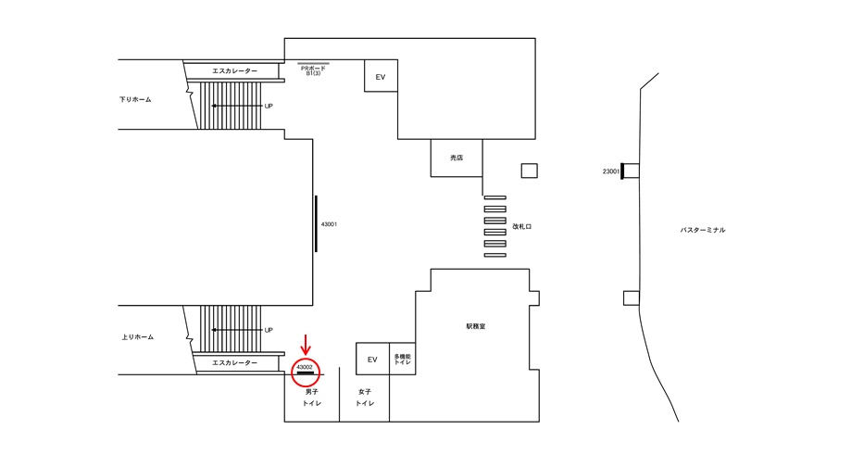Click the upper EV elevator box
click(381, 77)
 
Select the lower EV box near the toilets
click(372, 359)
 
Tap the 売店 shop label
click(457, 158)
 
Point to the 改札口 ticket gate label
click(522, 225)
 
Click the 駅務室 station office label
click(476, 326)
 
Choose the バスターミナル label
click(703, 230)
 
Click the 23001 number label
click(610, 171)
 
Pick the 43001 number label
click(329, 224)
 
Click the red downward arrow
click(307, 345)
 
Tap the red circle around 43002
click(306, 371)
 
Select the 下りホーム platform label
click(135, 99)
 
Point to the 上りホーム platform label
click(137, 336)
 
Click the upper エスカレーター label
click(234, 70)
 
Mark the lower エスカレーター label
click(234, 362)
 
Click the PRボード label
click(313, 69)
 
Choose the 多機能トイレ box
click(402, 360)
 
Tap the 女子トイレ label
click(365, 398)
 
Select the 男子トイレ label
click(311, 398)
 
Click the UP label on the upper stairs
click(269, 106)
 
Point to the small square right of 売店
click(529, 171)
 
